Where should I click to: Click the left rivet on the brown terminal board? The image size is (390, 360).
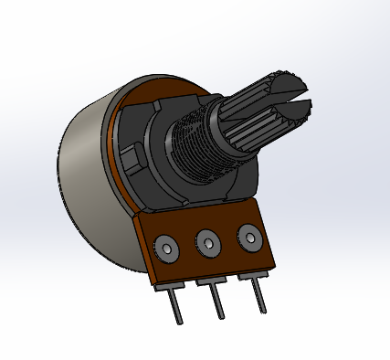coord(166,247)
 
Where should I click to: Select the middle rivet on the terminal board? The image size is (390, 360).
coord(209,244)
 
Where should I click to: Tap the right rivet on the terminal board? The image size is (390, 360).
coord(249,238)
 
